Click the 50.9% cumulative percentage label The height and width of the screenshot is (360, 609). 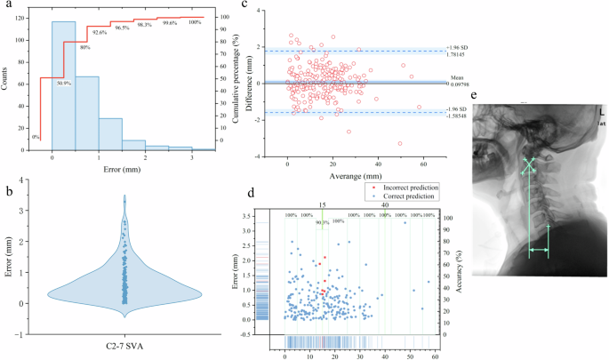point(64,84)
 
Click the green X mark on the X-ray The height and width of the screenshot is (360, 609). point(530,165)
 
